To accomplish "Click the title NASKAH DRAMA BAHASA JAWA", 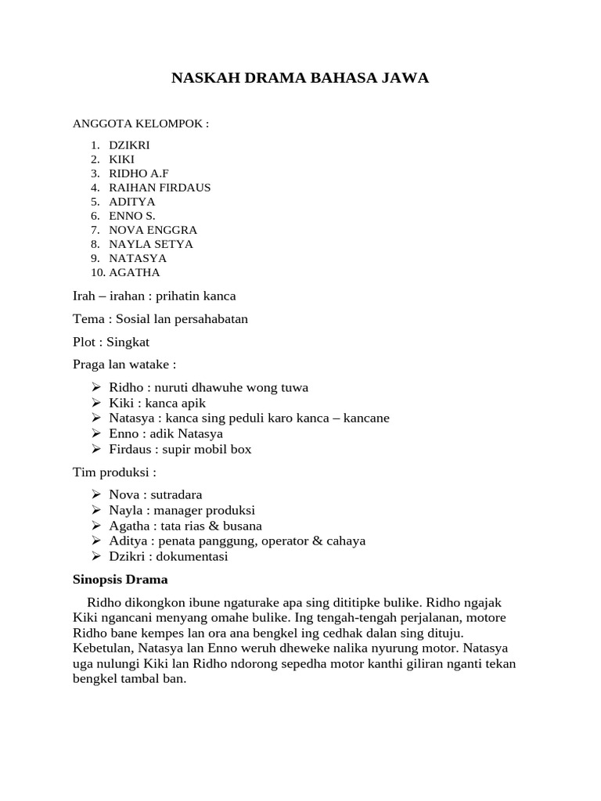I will coord(300,79).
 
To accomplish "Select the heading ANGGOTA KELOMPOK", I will coord(141,124).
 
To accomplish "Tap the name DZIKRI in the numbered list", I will coord(129,145).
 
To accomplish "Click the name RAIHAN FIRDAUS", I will coord(160,188).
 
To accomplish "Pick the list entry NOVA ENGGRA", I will coord(153,230).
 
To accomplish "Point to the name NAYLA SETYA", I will coord(151,244).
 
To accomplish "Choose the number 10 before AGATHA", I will coord(97,272).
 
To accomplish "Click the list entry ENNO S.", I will coord(132,216).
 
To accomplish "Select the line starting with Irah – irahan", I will coord(154,296).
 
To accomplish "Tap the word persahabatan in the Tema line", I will coord(207,319).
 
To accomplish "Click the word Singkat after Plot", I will coord(128,342).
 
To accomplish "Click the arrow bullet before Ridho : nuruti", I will coord(96,387).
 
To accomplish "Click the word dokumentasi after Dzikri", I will coord(192,556).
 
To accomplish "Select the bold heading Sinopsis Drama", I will coord(120,580).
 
